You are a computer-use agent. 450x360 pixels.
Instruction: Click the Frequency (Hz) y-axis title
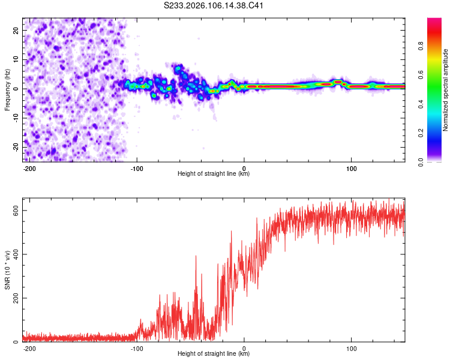[x=7, y=89]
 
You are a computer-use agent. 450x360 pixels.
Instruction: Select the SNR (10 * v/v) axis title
[x=7, y=274]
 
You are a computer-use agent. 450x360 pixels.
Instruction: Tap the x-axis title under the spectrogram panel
[x=214, y=173]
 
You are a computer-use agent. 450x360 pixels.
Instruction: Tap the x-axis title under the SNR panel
[x=214, y=353]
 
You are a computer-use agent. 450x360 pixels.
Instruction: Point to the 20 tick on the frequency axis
[x=16, y=30]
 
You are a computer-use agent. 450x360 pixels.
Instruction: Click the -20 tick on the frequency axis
[x=14, y=147]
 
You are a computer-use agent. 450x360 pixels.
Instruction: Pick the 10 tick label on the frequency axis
[x=16, y=59]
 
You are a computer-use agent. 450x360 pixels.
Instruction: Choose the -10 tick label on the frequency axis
[x=14, y=118]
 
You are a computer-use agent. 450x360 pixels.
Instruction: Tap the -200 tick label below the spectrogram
[x=29, y=167]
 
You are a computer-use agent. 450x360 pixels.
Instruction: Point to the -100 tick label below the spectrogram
[x=136, y=167]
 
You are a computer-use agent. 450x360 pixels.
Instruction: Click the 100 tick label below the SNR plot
[x=351, y=347]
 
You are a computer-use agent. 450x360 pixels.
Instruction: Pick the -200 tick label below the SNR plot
[x=29, y=347]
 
